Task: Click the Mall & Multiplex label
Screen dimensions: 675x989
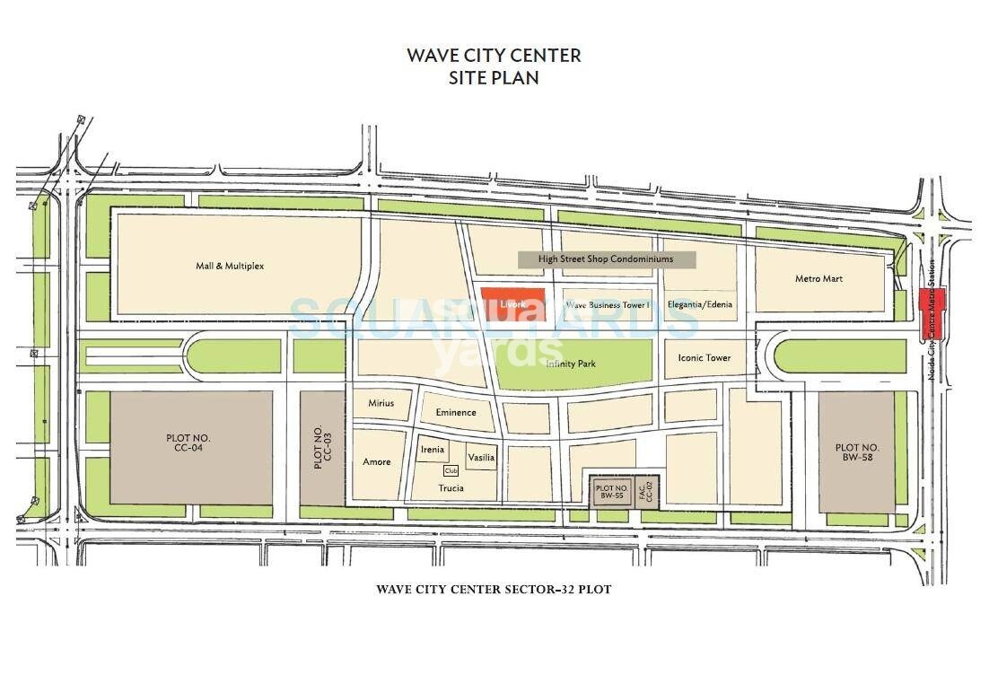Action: click(230, 266)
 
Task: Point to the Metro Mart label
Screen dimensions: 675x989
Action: click(818, 279)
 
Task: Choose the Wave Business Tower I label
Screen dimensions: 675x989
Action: click(608, 305)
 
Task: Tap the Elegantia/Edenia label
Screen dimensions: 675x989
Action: click(699, 304)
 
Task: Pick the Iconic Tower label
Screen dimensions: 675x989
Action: click(704, 357)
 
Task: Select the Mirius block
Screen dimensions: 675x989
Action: click(381, 403)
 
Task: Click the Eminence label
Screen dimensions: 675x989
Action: click(455, 412)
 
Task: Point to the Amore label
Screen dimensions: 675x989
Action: click(377, 461)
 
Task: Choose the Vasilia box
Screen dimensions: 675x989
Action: click(481, 457)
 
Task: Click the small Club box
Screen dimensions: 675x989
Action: click(451, 470)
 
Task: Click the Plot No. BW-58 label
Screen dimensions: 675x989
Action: click(857, 452)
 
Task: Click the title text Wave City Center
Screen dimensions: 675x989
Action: click(494, 55)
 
